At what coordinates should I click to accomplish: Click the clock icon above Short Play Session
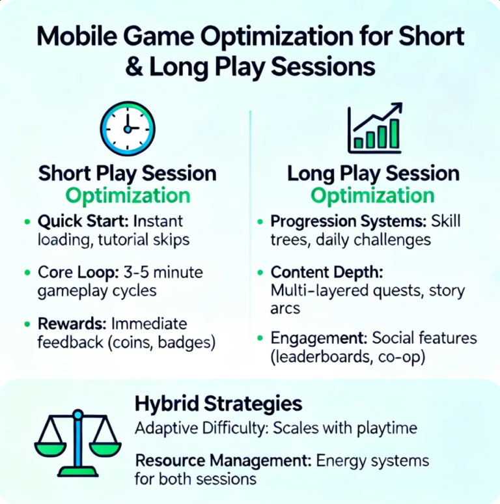coord(127,127)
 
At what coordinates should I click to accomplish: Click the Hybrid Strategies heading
coord(219,404)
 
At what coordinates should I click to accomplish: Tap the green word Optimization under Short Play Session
coord(128,196)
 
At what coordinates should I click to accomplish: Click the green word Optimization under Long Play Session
coord(372,196)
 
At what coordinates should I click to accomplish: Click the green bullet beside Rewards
coord(26,324)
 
